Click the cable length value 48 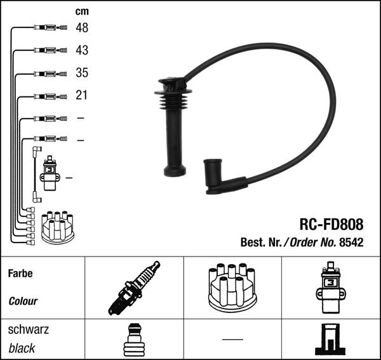point(82,28)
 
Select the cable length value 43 point(82,50)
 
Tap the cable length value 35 point(82,72)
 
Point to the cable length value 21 point(81,95)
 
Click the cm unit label point(82,11)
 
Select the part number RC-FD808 point(331,224)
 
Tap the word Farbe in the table point(20,274)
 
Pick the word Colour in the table point(23,301)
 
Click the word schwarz point(29,330)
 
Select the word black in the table point(22,348)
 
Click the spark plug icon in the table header point(134,288)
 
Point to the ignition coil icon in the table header point(330,288)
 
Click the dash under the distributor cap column point(232,339)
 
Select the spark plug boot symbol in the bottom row point(134,340)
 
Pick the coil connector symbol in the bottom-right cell point(330,339)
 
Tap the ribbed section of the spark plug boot point(173,100)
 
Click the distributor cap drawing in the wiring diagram point(58,227)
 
